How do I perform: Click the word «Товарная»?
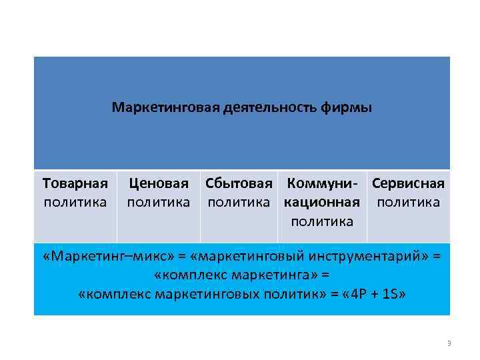tap(75, 183)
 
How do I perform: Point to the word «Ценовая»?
tap(159, 183)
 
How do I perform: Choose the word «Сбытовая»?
tap(239, 183)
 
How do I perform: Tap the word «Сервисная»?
tap(408, 183)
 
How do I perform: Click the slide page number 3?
tap(449, 343)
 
